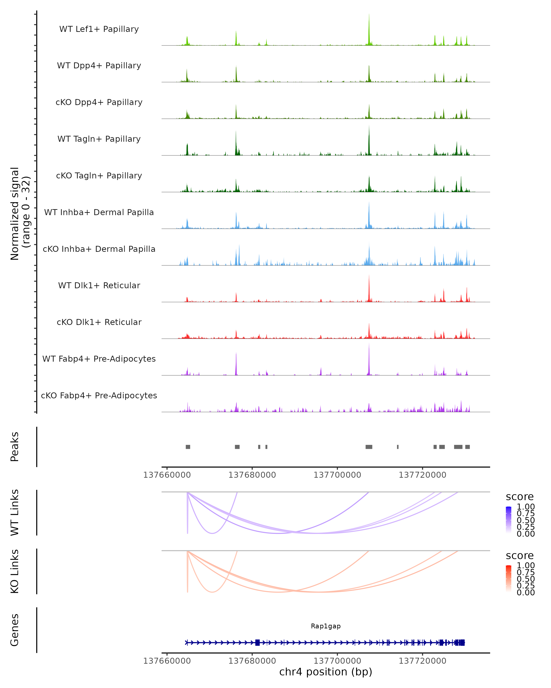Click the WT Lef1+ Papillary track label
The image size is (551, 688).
[x=99, y=29]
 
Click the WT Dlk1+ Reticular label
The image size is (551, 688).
[x=99, y=285]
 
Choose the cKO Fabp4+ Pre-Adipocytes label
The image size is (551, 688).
[x=99, y=395]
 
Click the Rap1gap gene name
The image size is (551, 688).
[x=326, y=626]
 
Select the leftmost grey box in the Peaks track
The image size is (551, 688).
[x=188, y=447]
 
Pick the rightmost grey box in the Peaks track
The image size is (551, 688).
[x=467, y=447]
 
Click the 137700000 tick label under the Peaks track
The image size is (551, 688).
[x=337, y=475]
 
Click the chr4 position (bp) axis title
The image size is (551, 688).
[x=326, y=672]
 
